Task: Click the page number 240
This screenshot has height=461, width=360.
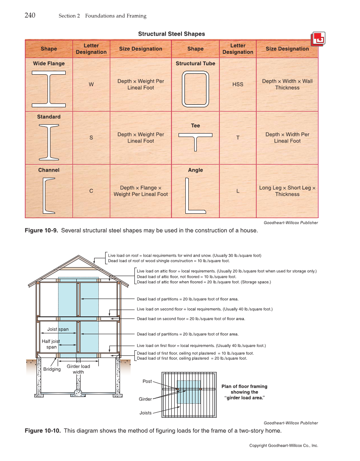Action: click(x=30, y=16)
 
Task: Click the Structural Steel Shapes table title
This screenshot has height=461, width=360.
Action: click(x=171, y=34)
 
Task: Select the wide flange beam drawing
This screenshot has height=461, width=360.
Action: click(x=49, y=87)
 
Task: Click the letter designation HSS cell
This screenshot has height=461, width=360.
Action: click(x=238, y=84)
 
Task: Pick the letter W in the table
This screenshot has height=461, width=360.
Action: click(x=91, y=84)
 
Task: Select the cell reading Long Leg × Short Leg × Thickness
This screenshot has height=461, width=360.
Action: click(x=287, y=191)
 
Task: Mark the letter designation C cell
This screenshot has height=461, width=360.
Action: click(x=91, y=191)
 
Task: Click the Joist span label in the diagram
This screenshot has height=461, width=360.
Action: click(x=58, y=329)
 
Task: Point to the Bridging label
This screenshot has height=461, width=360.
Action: click(x=52, y=369)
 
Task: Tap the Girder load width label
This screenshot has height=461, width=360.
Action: click(x=78, y=369)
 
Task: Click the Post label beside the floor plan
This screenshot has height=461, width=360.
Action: click(x=147, y=382)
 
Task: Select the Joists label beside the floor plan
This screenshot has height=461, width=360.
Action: click(x=145, y=413)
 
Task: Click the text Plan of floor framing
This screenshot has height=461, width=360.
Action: click(x=244, y=386)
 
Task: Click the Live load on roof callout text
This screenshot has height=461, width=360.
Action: click(x=184, y=256)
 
